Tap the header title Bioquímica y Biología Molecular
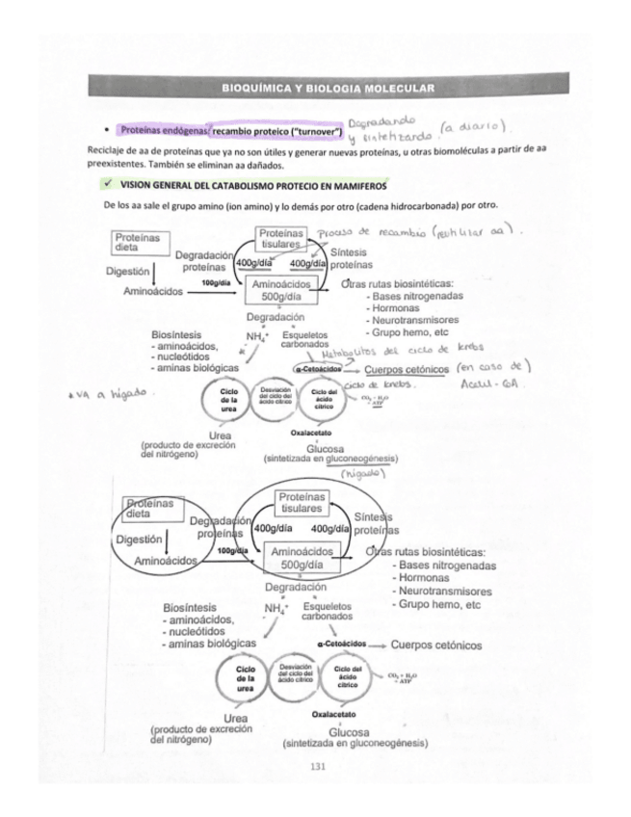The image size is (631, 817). point(328,88)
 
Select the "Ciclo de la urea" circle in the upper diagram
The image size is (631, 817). point(229,400)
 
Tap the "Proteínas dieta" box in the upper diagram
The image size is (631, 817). point(137,240)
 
